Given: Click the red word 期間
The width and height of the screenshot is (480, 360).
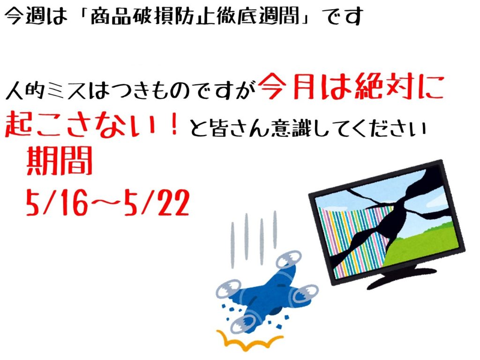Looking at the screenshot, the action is [60, 160].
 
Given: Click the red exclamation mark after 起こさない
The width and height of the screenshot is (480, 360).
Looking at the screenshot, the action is [174, 124].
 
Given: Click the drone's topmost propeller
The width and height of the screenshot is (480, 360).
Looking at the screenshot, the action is [288, 259].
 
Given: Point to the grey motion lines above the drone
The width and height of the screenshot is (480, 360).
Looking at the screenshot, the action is [254, 239].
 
